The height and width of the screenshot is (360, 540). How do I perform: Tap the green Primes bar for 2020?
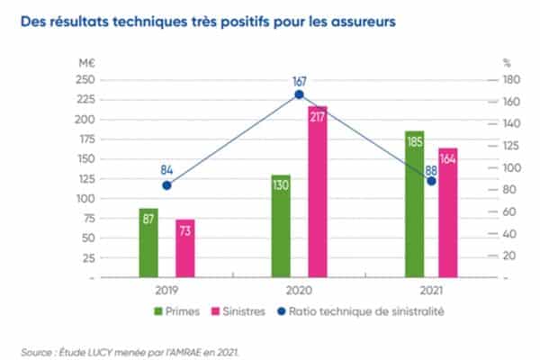(x=281, y=226)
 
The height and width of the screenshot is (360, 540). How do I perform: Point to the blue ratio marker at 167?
(x=300, y=94)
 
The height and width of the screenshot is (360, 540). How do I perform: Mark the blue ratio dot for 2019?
(x=166, y=185)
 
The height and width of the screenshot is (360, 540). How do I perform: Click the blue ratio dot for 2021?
(x=432, y=181)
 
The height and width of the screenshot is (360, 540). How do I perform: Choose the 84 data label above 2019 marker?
(x=166, y=168)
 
